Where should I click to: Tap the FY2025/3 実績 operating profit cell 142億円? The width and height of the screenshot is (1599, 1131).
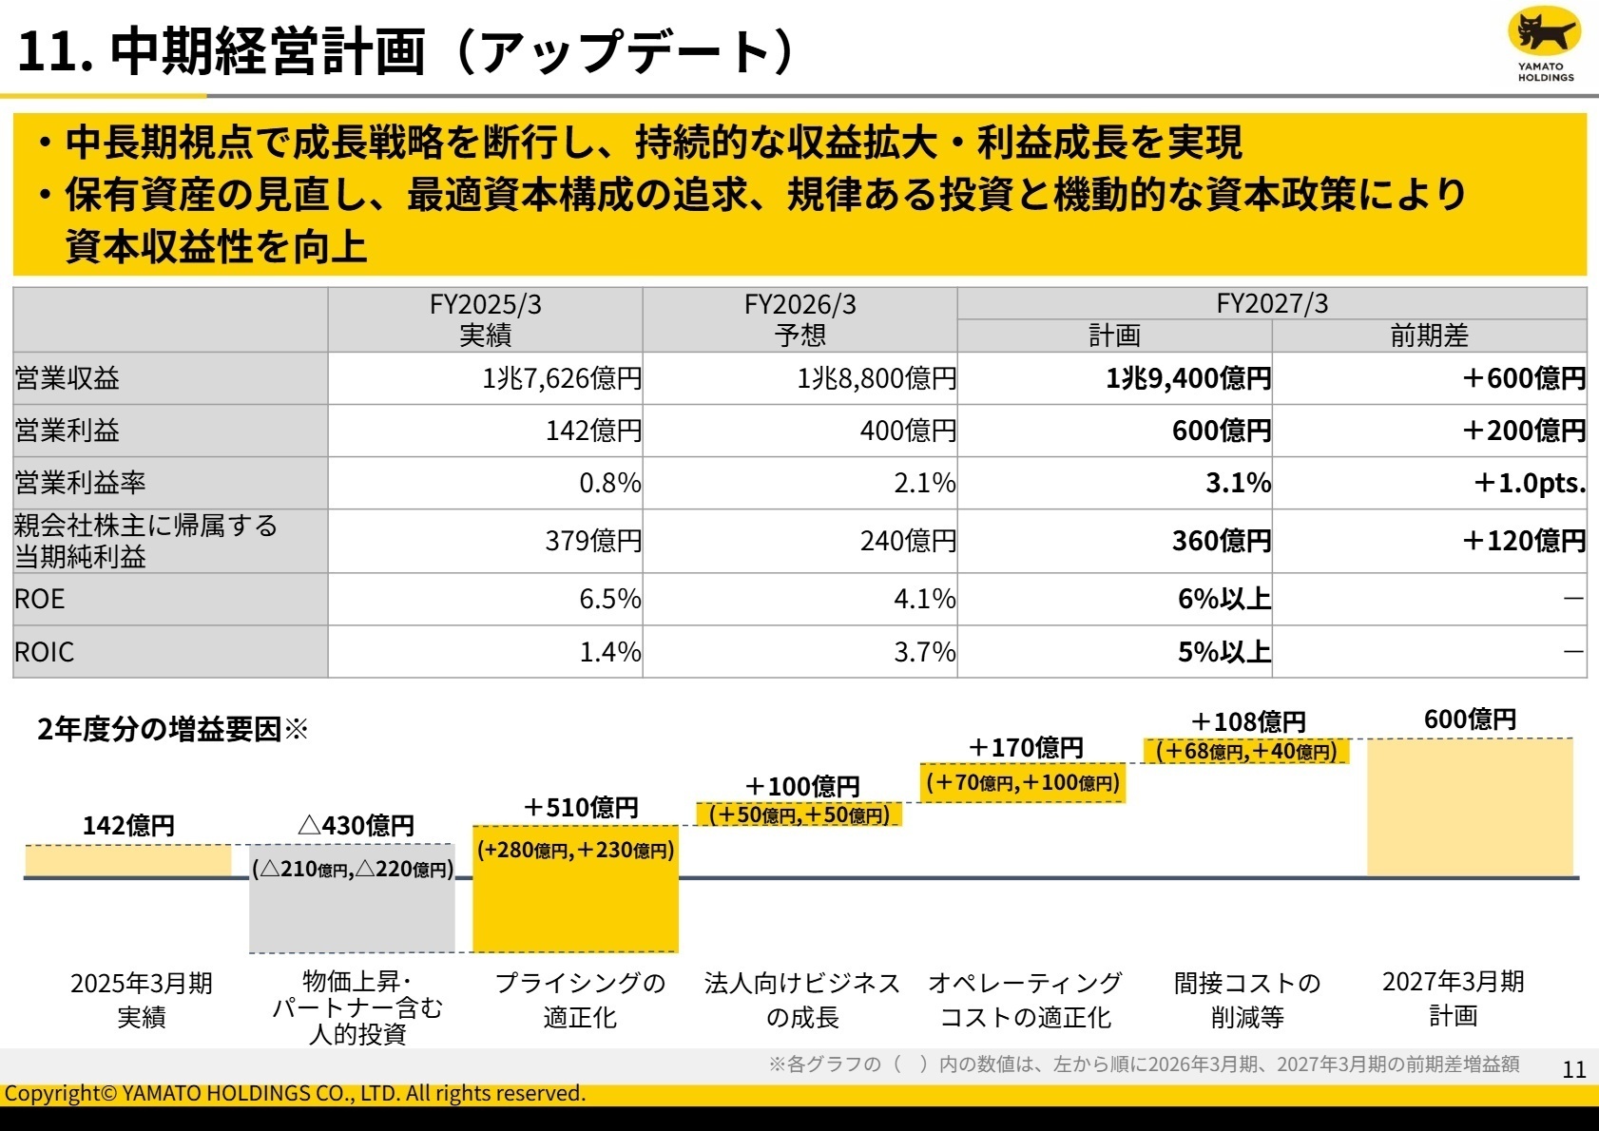pos(593,431)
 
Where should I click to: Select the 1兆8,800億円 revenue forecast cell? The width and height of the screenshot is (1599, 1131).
pos(876,378)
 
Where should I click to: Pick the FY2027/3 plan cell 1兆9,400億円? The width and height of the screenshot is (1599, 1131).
pos(1187,378)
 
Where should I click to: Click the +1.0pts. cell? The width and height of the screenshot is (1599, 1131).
pos(1529,483)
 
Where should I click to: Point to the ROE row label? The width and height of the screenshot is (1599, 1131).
pos(40,599)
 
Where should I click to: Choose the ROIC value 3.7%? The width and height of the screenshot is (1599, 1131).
pos(924,652)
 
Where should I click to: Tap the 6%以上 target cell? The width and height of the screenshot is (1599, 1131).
pos(1223,599)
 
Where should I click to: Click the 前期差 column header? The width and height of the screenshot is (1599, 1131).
pos(1428,335)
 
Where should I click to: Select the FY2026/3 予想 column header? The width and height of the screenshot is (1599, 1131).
pos(799,319)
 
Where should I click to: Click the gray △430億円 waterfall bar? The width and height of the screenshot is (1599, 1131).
pos(352,912)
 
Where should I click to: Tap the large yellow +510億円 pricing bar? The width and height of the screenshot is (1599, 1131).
pos(575,903)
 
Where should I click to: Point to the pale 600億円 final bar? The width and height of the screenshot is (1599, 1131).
pos(1469,808)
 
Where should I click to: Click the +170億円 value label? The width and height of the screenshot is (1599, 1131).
pos(1025,748)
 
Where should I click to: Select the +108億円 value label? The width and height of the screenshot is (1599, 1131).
pos(1247,722)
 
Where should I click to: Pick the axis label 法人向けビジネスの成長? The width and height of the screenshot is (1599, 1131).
pos(801,999)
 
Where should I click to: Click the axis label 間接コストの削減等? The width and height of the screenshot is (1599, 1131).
pos(1246,999)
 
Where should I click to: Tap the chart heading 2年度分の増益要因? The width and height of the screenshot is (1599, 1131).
pos(160,729)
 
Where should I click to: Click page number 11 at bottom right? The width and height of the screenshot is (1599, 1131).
pos(1573,1069)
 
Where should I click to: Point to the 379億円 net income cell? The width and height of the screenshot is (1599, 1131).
pos(593,541)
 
